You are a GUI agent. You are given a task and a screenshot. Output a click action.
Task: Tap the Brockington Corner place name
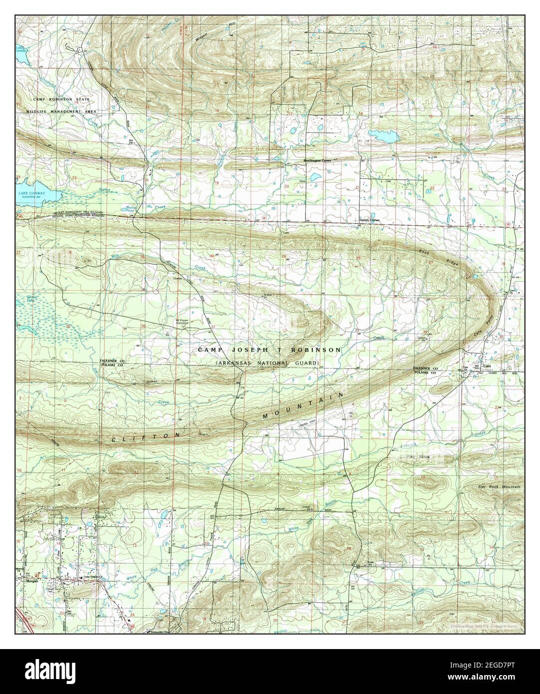click(318, 161)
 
